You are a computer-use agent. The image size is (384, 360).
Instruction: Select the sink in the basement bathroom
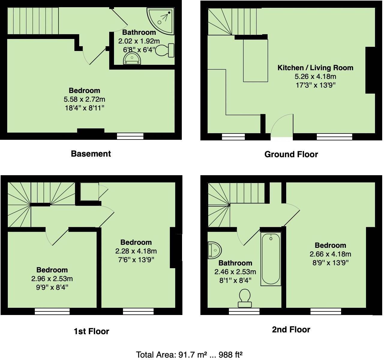click(x=132, y=59)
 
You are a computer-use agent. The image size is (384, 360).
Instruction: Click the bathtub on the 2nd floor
click(x=271, y=259)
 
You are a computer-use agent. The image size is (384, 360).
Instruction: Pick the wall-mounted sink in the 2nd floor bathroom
click(x=214, y=250)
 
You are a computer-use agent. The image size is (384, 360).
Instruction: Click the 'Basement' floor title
click(x=91, y=154)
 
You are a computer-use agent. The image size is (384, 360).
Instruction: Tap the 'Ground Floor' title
click(x=291, y=154)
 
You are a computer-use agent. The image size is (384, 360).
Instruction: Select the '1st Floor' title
click(x=91, y=331)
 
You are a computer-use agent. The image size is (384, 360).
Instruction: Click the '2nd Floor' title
click(x=291, y=330)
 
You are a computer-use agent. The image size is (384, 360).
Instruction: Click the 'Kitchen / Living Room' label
click(x=315, y=68)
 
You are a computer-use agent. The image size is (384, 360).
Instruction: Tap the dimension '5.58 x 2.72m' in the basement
click(x=84, y=99)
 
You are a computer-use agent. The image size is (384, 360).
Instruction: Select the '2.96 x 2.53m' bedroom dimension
click(x=52, y=279)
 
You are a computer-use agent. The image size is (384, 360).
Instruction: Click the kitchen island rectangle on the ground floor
click(x=255, y=60)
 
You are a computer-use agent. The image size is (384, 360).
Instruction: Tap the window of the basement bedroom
click(x=130, y=136)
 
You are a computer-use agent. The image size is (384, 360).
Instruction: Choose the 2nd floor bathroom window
click(x=244, y=312)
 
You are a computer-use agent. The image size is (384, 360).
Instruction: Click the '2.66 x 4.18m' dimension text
click(x=330, y=254)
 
